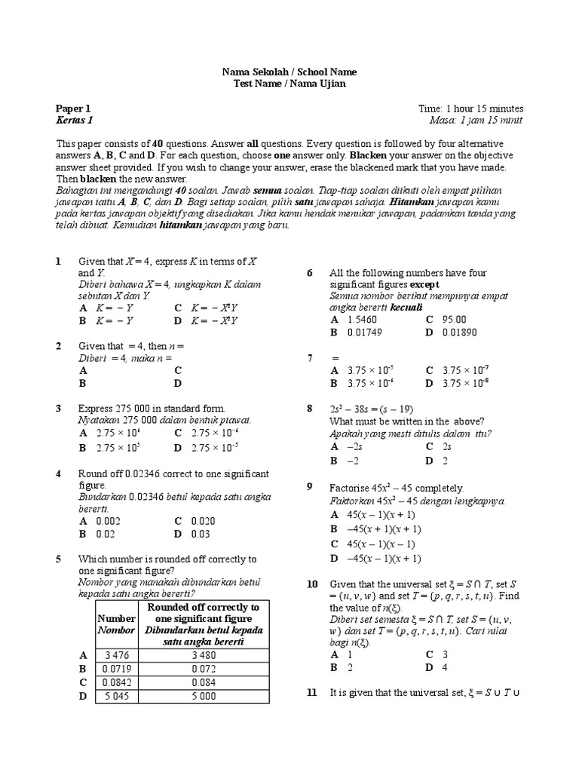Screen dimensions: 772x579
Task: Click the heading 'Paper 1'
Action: [x=72, y=109]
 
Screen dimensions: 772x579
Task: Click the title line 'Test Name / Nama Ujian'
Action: [x=289, y=84]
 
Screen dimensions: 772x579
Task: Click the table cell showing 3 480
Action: [x=202, y=655]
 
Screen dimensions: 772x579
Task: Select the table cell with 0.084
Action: [x=202, y=682]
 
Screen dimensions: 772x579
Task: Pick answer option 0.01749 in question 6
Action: [x=364, y=332]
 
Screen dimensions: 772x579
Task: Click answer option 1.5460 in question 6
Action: [x=363, y=319]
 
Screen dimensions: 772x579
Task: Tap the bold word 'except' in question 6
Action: [x=424, y=284]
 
